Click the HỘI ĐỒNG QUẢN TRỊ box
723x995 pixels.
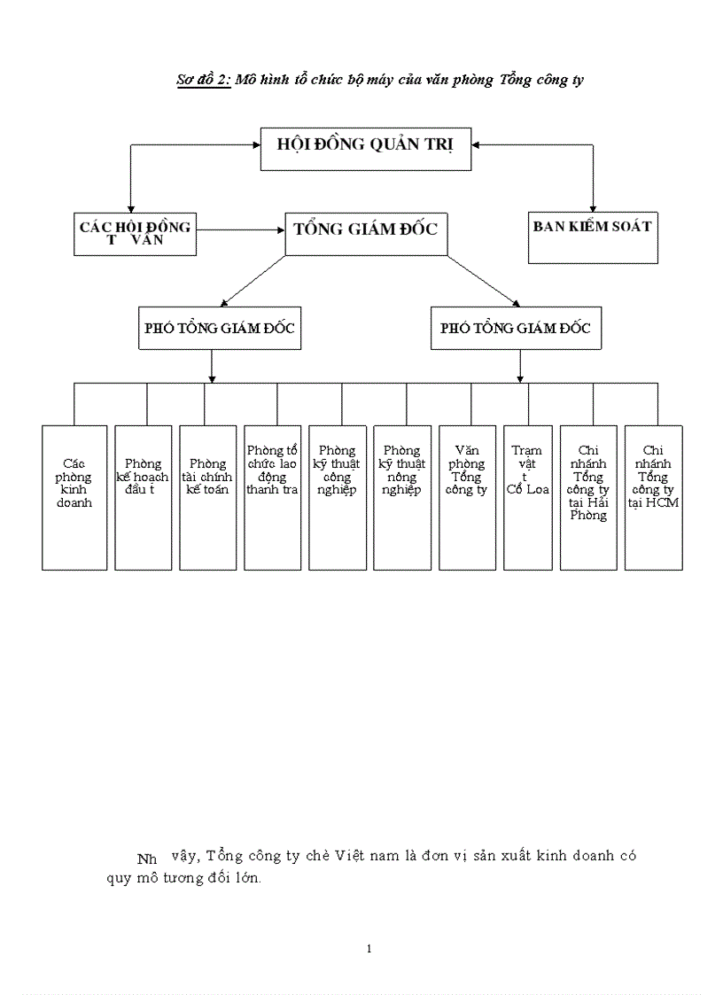(x=365, y=148)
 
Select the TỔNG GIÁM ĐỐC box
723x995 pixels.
(x=366, y=233)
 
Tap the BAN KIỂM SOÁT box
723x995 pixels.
(x=593, y=237)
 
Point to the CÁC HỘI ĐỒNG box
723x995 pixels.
(x=136, y=234)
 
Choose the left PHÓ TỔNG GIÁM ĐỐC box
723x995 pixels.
(x=220, y=328)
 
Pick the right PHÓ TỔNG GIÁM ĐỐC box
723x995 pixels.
(x=516, y=328)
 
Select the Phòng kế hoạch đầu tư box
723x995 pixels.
(x=143, y=497)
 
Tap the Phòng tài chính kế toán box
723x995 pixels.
(x=207, y=497)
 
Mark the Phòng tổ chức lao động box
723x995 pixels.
(x=272, y=497)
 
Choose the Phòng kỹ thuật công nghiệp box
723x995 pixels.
(x=337, y=497)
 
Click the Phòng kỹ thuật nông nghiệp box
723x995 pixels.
(x=401, y=497)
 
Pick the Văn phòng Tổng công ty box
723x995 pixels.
(x=467, y=497)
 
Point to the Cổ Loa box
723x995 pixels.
(x=528, y=497)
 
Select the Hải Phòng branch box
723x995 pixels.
(x=588, y=497)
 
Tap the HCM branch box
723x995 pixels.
(x=653, y=497)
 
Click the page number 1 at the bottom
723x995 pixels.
(x=369, y=949)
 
